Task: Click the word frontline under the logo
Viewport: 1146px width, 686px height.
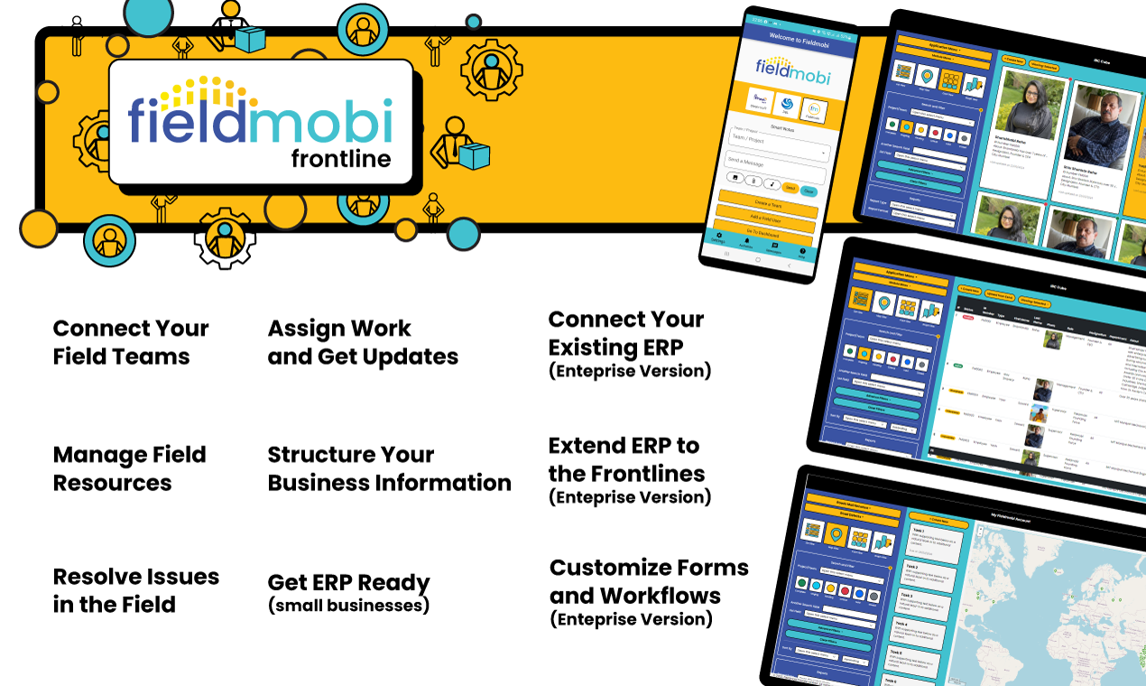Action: coord(340,159)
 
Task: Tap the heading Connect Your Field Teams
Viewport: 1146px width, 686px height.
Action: coord(131,342)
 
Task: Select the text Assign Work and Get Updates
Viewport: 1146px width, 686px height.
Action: coord(363,342)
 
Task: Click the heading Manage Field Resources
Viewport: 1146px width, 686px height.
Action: coord(129,468)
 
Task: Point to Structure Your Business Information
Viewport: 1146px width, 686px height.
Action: coord(389,468)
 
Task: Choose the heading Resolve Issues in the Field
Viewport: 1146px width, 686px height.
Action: coord(135,590)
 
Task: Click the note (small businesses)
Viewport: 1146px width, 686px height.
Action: coord(348,606)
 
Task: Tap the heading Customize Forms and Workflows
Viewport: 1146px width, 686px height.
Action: coord(649,581)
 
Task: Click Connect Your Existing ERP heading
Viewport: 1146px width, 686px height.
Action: coord(626,333)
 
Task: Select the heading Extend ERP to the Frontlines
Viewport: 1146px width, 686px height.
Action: coord(626,459)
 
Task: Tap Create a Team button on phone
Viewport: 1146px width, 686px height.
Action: coord(767,205)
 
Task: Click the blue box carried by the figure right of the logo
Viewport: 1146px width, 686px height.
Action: coord(473,157)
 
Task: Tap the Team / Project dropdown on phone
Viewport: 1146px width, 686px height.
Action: coord(778,142)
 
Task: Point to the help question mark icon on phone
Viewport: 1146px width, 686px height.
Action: coord(801,251)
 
